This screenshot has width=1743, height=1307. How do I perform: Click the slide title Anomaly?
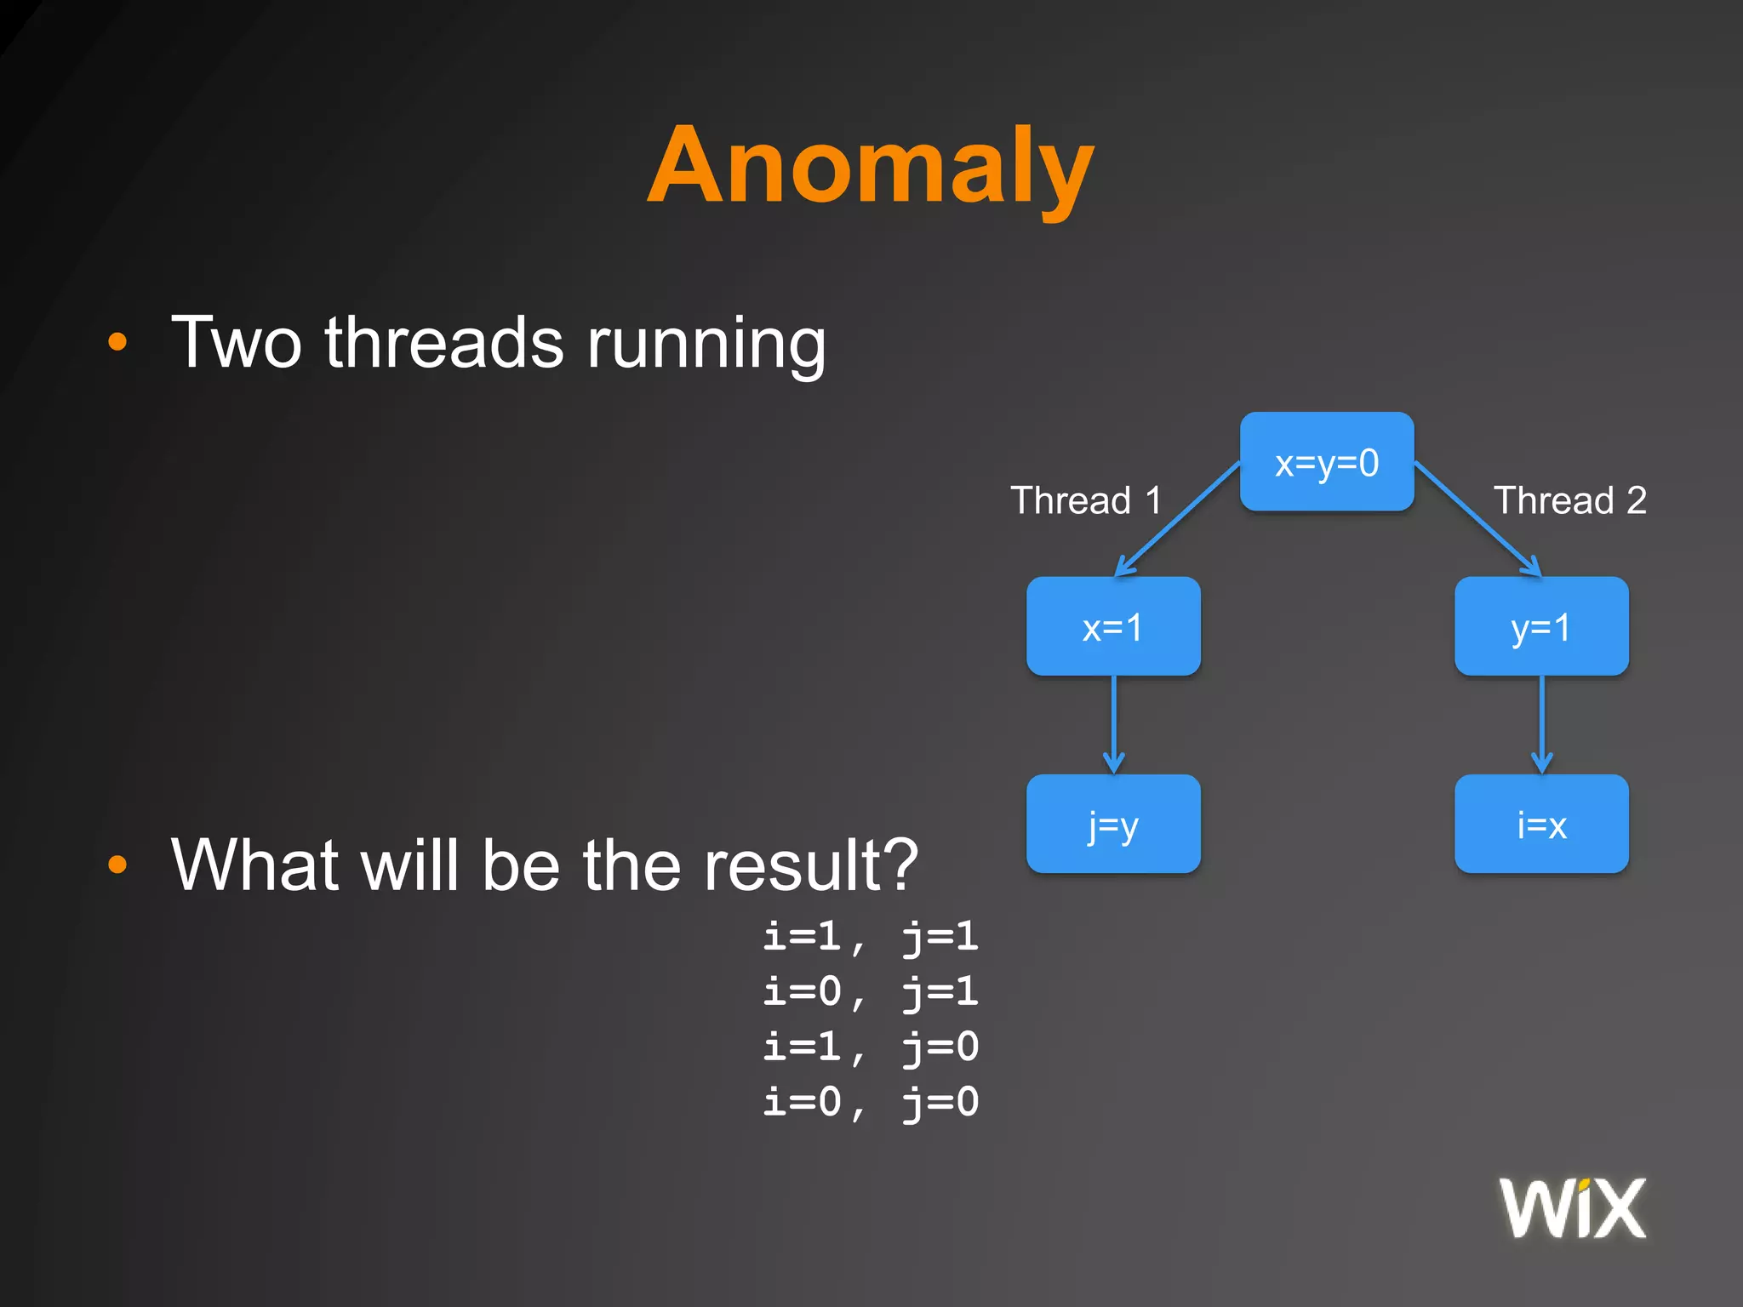870,166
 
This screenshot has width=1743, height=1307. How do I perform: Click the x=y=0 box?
1326,462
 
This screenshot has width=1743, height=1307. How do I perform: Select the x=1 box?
1113,627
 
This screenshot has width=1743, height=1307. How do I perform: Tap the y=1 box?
1541,627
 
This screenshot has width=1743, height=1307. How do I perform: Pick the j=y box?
1113,825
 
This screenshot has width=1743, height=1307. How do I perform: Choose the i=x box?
1541,825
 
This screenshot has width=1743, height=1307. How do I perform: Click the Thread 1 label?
1086,500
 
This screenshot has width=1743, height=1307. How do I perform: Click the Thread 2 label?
1569,500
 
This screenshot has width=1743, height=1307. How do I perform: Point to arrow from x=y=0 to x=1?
1178,519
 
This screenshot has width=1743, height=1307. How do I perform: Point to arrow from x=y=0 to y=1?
1477,519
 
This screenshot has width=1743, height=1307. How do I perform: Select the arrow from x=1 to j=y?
1113,723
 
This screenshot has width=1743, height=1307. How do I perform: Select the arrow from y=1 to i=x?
1541,723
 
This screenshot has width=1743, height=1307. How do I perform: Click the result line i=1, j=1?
870,937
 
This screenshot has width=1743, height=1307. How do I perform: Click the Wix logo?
1572,1208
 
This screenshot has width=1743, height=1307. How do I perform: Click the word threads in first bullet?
443,343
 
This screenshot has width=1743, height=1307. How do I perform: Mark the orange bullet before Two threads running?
117,343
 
